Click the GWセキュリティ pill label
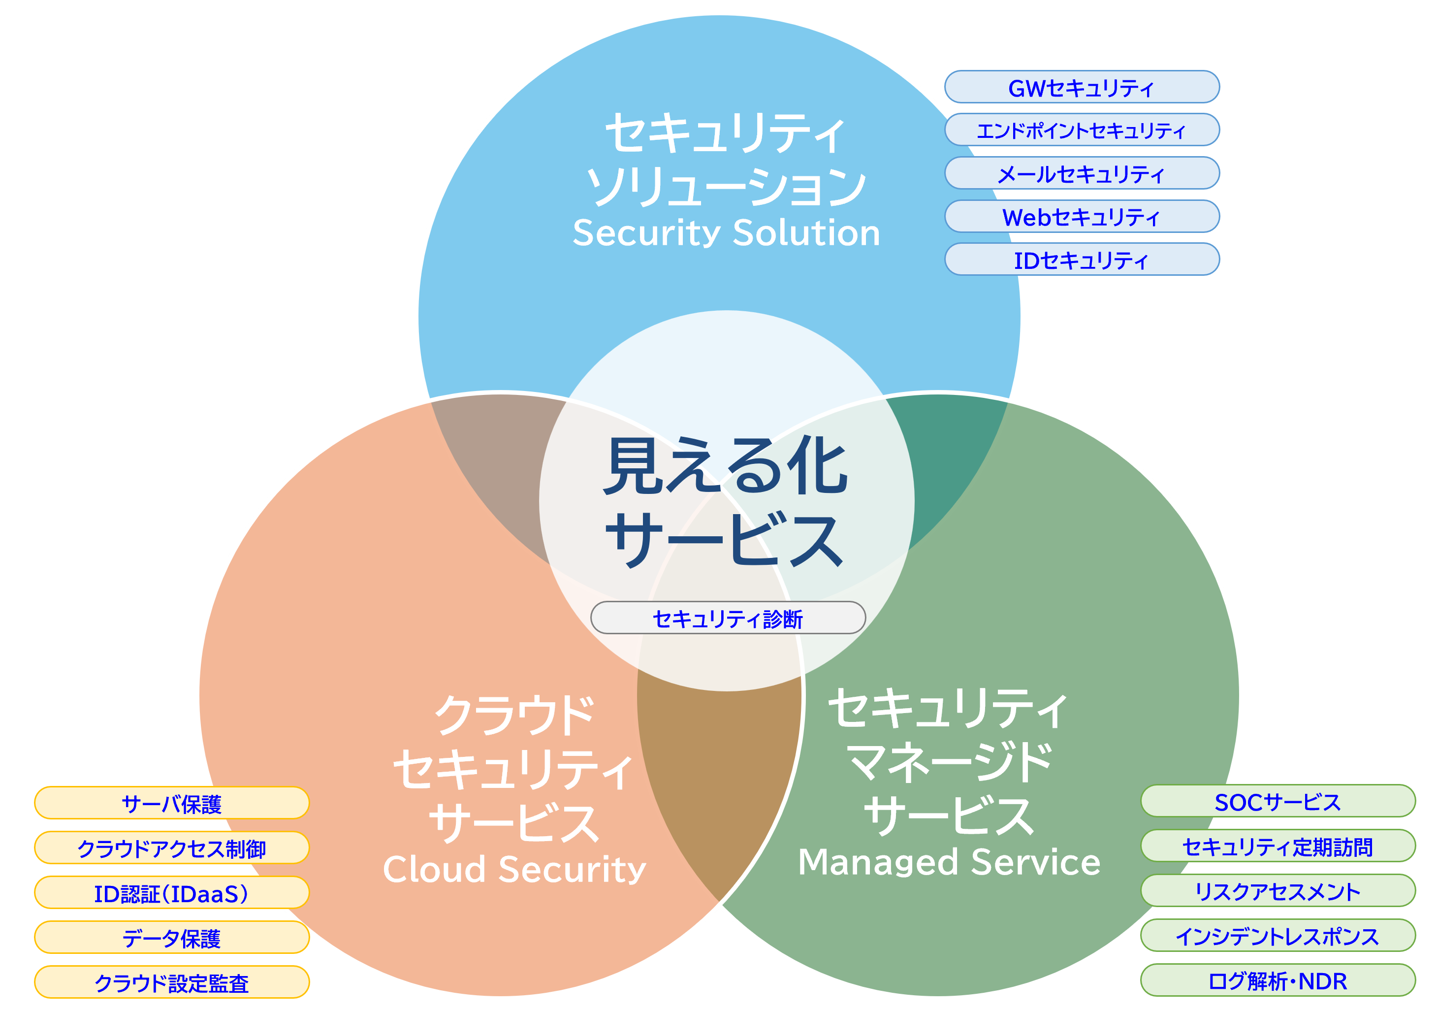(1082, 88)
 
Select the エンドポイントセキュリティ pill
(1082, 130)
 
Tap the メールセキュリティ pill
(1082, 173)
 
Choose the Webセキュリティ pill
(1082, 217)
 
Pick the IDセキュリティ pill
(1082, 260)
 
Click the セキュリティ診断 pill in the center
(728, 618)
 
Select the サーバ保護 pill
(172, 804)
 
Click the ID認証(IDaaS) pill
(172, 893)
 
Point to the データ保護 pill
(172, 938)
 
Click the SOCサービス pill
(1278, 802)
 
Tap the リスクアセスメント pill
(1278, 891)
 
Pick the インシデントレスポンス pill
(1278, 936)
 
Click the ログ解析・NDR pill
(1278, 981)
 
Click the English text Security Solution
(727, 233)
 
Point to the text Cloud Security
(514, 870)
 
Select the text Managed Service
(949, 862)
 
